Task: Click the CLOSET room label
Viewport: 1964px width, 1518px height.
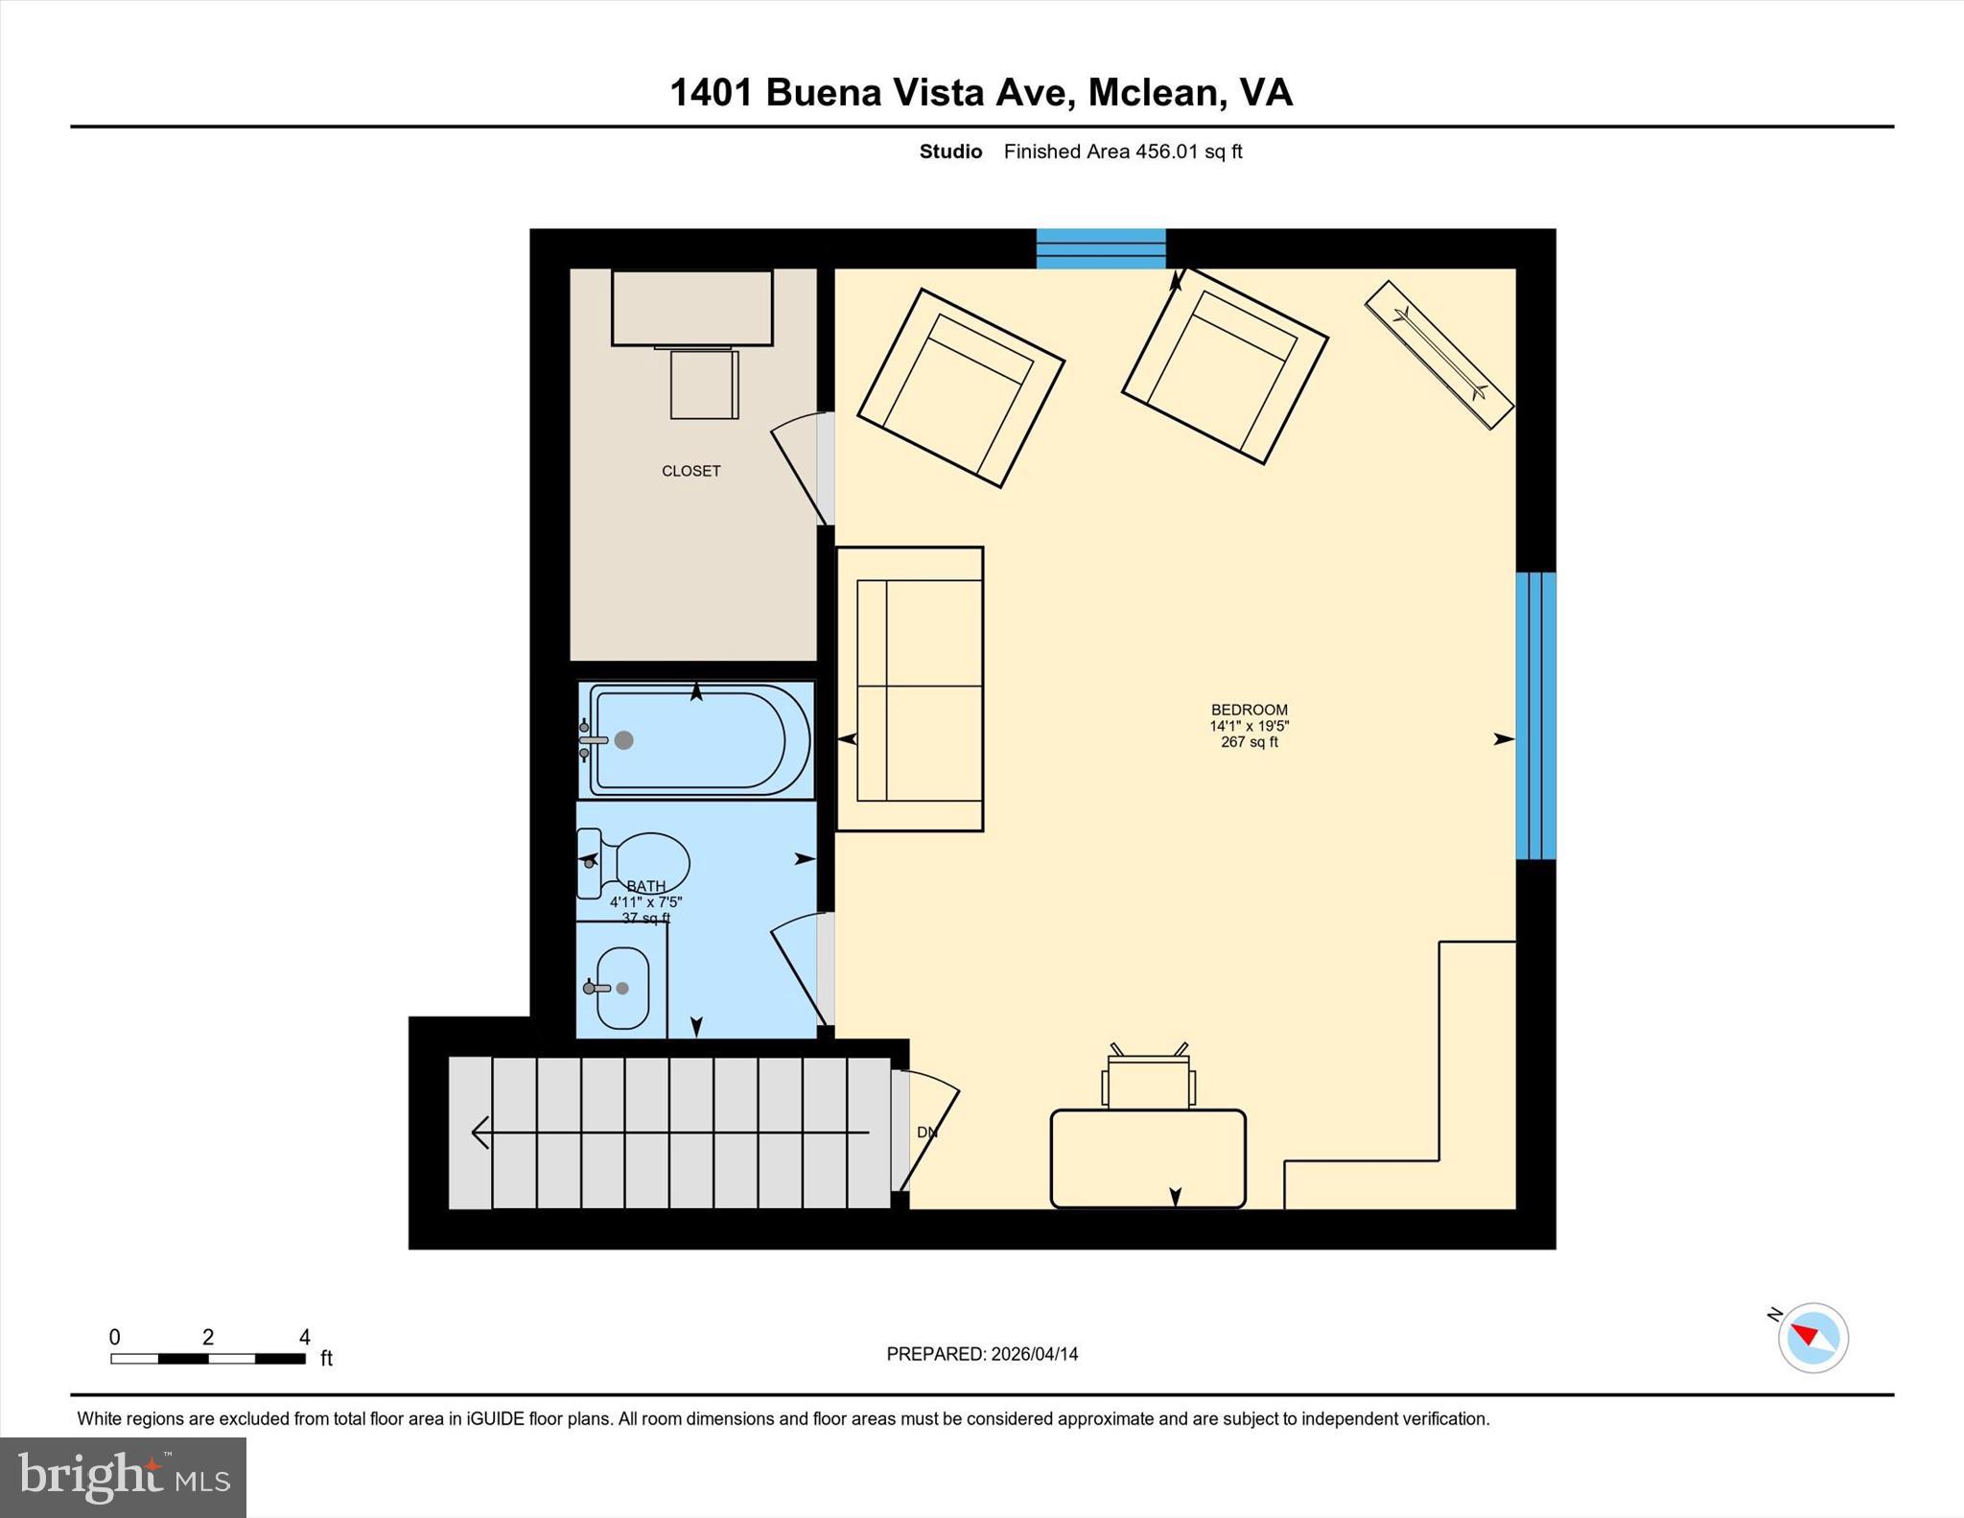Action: click(690, 471)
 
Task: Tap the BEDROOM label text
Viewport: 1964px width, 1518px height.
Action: click(1249, 710)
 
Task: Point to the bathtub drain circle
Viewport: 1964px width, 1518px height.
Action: click(624, 740)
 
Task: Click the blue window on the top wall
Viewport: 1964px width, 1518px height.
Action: click(1101, 248)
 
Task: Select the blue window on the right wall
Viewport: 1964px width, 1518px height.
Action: click(1534, 715)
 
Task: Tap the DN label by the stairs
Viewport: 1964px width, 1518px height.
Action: click(926, 1133)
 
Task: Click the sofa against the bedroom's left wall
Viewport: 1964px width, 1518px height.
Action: click(910, 689)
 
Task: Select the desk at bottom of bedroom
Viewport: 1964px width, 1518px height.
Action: click(1148, 1157)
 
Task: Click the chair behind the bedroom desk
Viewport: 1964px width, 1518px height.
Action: click(1148, 1082)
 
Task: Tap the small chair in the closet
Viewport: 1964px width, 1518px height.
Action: click(704, 385)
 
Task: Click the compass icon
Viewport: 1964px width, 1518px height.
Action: click(1812, 1338)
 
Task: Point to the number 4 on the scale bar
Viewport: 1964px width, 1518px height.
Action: click(304, 1337)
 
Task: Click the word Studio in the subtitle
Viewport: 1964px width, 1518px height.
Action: click(950, 152)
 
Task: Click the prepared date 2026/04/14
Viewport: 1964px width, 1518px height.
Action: click(1034, 1354)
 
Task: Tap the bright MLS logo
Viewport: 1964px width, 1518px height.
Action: click(123, 1476)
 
